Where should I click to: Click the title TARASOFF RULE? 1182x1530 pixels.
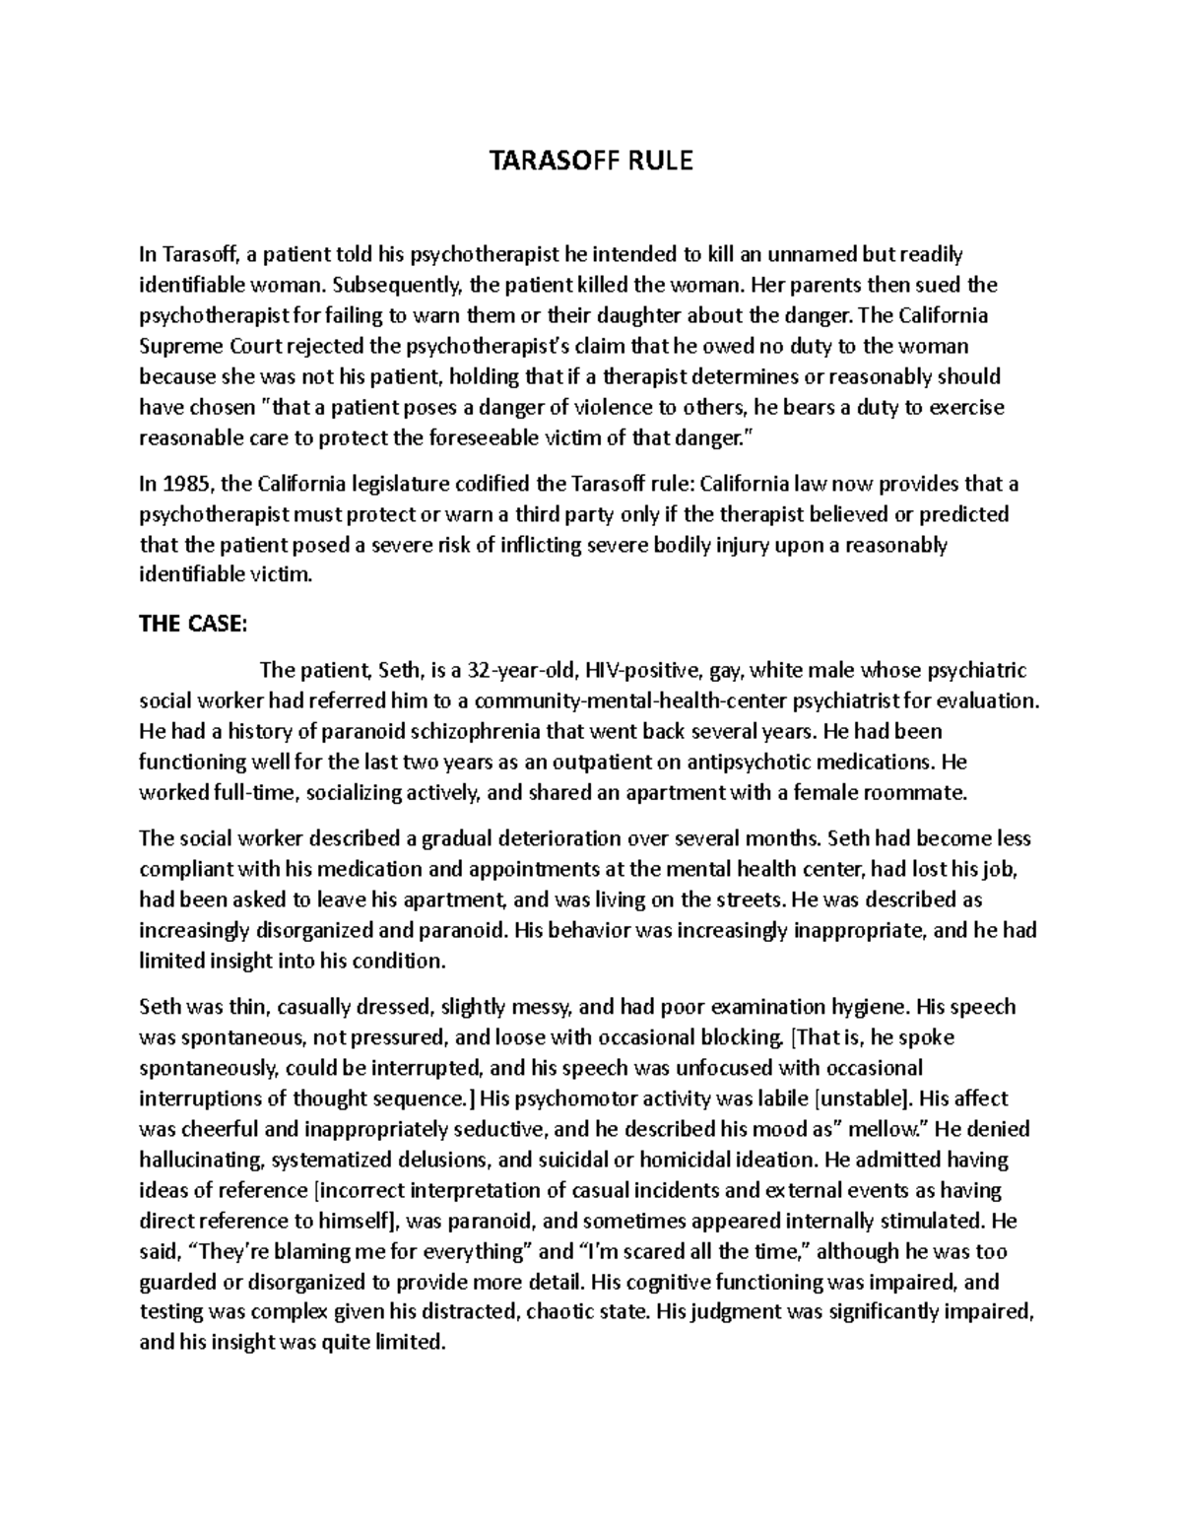pos(591,161)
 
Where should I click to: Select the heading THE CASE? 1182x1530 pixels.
pos(188,625)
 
